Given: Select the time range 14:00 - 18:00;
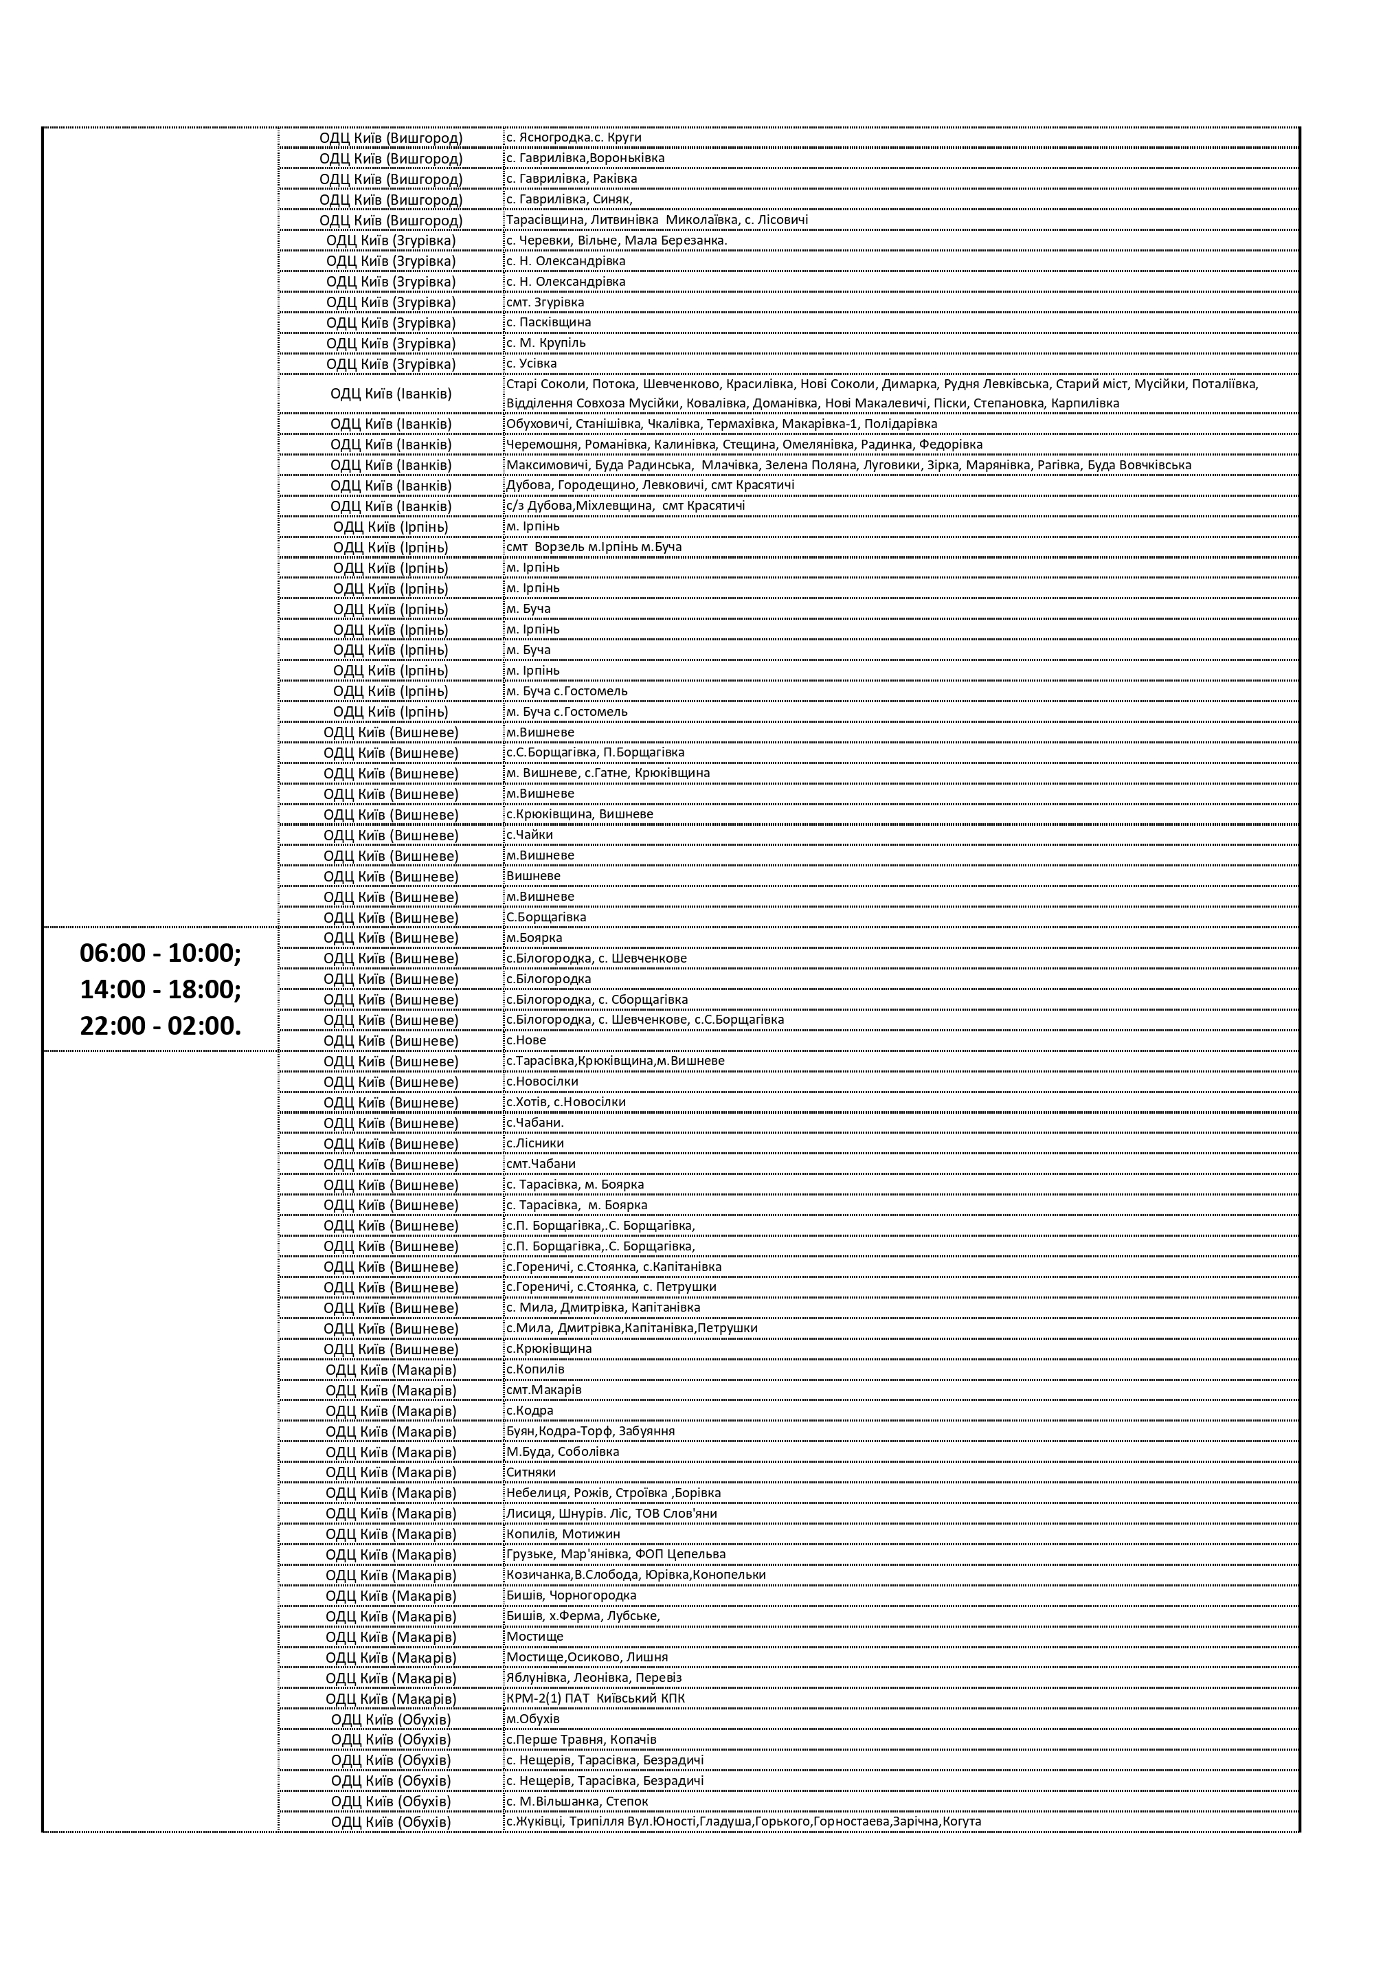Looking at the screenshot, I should click(x=160, y=990).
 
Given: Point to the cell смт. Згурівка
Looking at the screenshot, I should click(x=545, y=302).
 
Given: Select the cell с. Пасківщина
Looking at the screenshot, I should click(x=548, y=323).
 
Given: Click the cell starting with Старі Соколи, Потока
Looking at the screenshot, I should click(x=882, y=394).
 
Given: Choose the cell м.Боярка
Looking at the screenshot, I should click(x=534, y=938).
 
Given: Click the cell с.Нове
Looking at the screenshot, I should click(x=527, y=1040).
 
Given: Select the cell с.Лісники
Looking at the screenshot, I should click(x=535, y=1144).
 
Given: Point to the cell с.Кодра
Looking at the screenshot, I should click(x=530, y=1411).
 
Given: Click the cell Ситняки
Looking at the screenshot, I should click(x=531, y=1472).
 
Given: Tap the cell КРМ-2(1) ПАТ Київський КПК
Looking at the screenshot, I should click(x=596, y=1699).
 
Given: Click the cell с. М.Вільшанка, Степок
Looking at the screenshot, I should click(x=576, y=1801).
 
